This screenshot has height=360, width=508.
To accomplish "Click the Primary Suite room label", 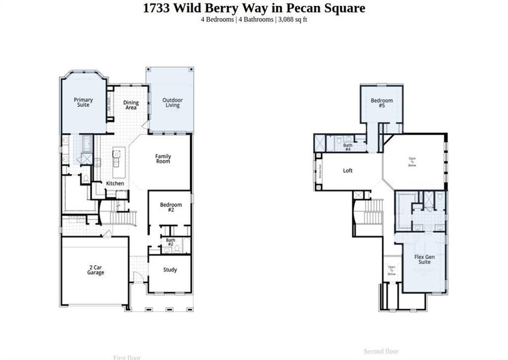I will [83, 102].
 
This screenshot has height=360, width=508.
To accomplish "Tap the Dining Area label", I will [131, 104].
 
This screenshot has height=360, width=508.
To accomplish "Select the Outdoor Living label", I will [173, 102].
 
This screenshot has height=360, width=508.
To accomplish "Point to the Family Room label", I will [163, 158].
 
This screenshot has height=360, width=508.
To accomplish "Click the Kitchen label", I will [115, 183].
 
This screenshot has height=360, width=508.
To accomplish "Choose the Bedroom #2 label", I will [170, 207].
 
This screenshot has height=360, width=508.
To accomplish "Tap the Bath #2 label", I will [170, 242].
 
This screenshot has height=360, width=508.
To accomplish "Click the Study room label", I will [170, 269].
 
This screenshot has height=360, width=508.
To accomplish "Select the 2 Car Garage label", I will [95, 270].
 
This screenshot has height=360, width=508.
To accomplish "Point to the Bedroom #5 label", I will [381, 103].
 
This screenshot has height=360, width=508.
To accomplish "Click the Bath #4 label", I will [347, 146].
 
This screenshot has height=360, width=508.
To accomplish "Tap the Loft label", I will [348, 170].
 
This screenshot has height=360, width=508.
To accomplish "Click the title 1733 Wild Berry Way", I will [254, 8].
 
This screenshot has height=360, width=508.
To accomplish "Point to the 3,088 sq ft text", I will [293, 19].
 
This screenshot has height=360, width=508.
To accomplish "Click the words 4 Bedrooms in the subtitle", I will [217, 19].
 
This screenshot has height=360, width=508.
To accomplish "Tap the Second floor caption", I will [381, 351].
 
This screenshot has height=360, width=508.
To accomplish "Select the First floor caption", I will [127, 357].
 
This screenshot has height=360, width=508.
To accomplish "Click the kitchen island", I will [115, 158].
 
